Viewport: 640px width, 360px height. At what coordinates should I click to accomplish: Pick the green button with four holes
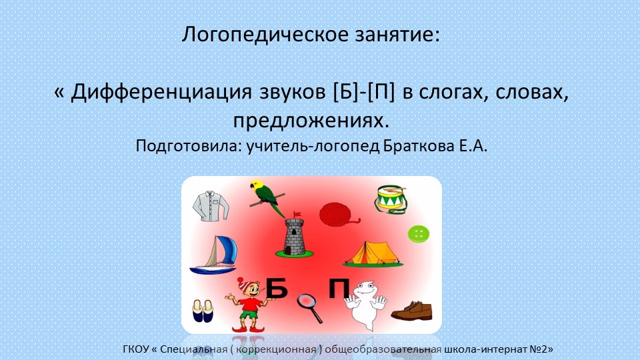pos(418,233)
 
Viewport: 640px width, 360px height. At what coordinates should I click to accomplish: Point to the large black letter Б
pos(277,289)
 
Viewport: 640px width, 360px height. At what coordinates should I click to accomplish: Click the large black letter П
pos(339,289)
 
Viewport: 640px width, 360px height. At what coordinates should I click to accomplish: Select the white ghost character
pos(364,303)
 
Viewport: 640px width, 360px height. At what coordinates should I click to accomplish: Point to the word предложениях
pos(310,121)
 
